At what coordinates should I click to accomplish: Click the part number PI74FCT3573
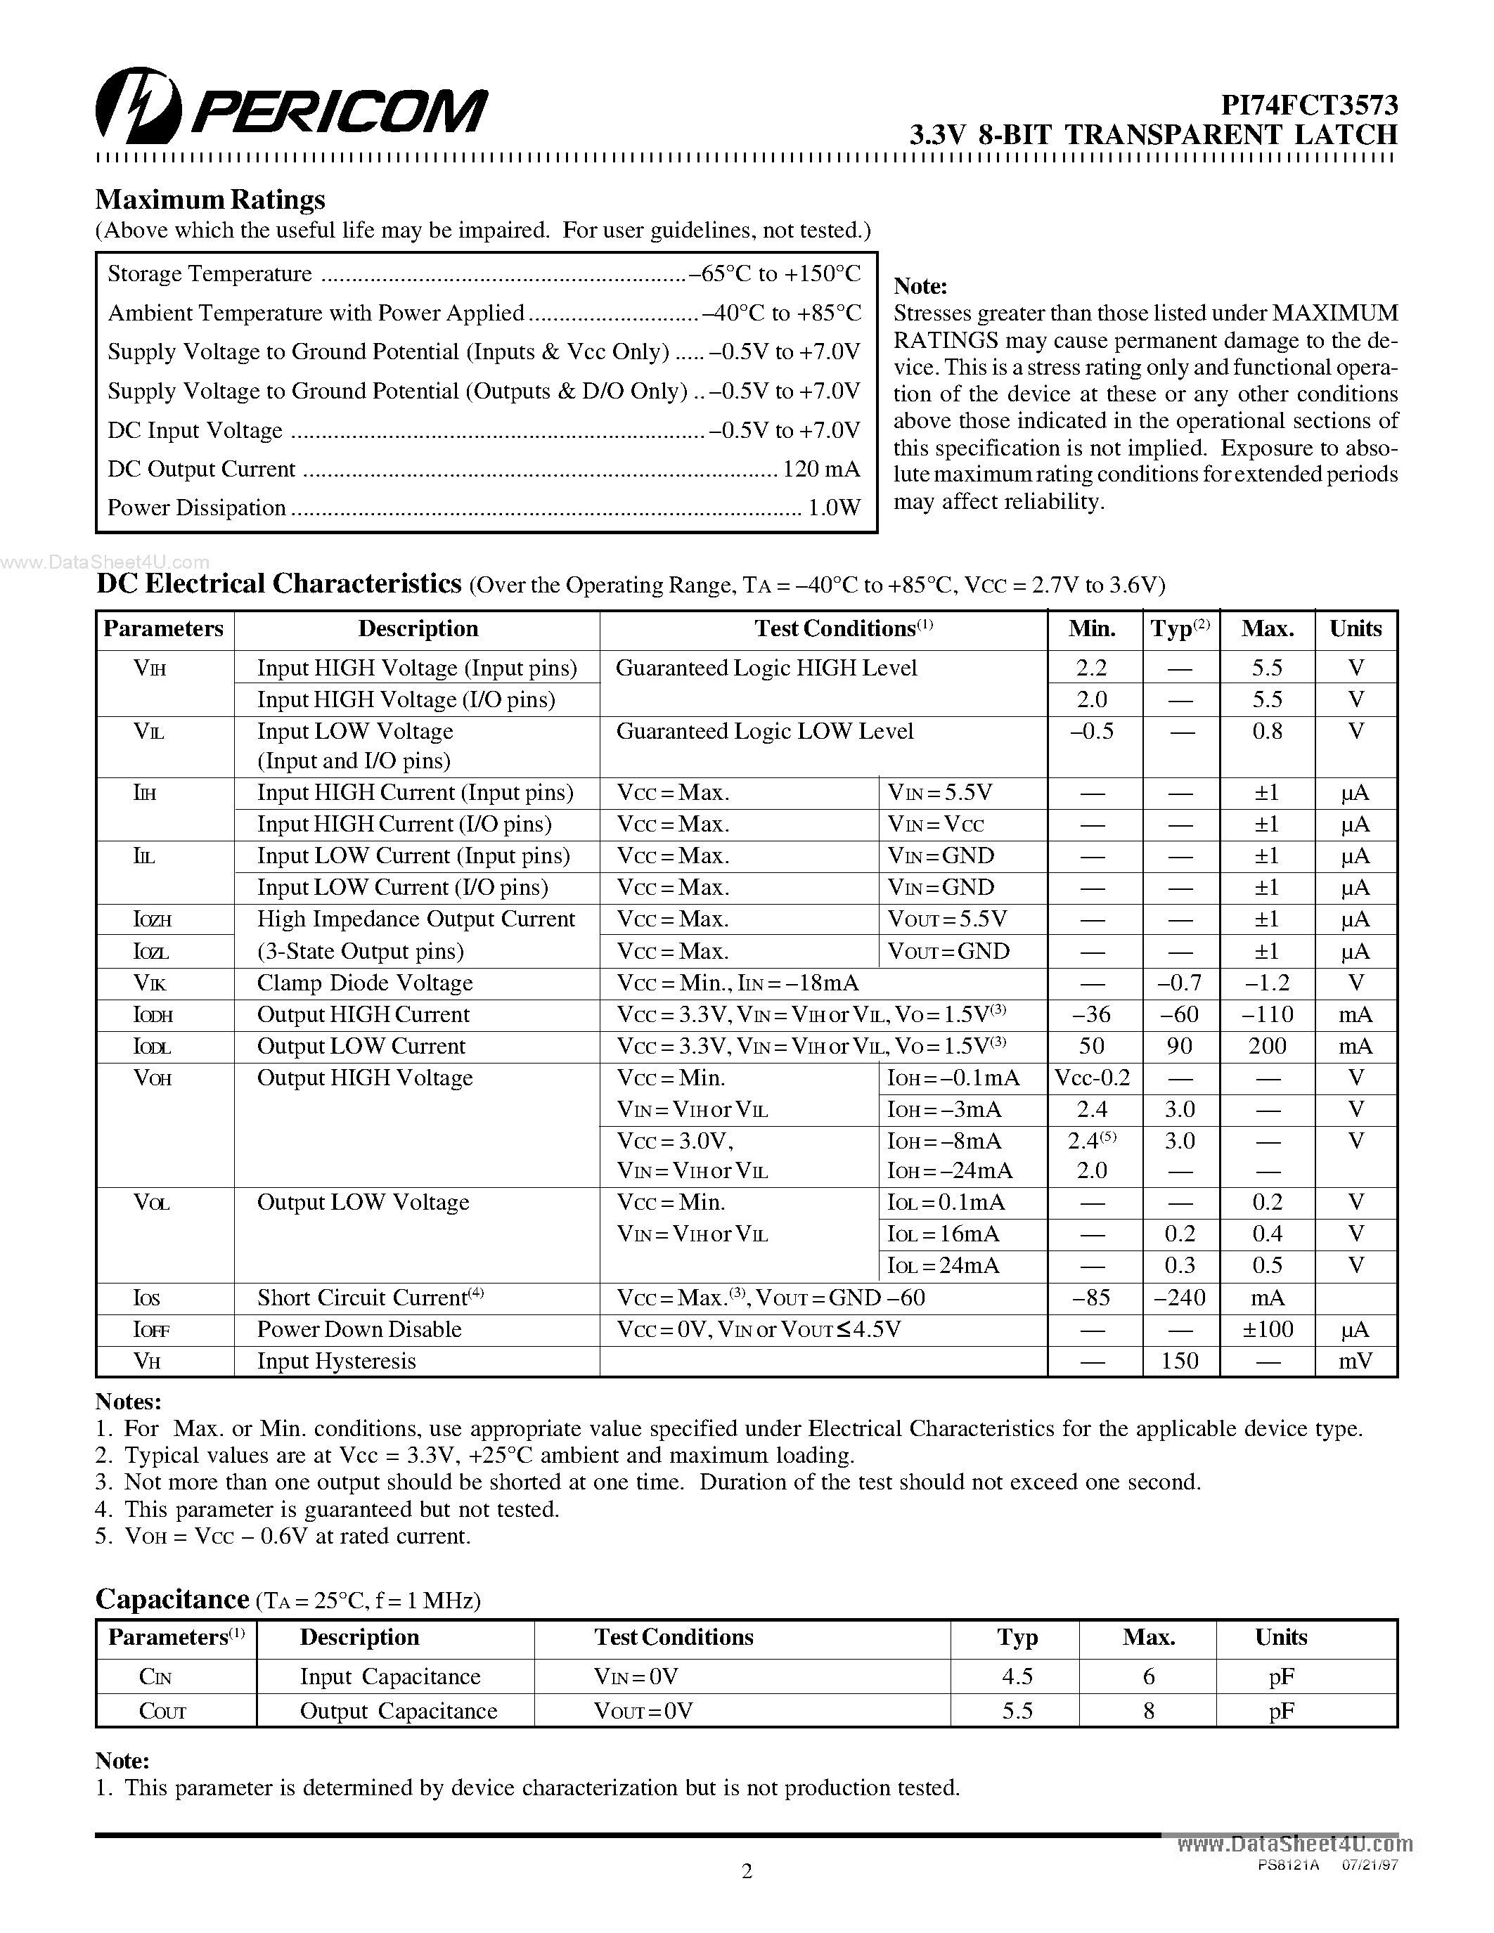tap(1309, 105)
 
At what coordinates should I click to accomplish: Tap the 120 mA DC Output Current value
tap(820, 469)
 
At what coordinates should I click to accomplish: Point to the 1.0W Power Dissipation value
tap(834, 508)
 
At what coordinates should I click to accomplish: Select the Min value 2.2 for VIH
tap(1091, 668)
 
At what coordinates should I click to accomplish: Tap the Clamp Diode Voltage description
tap(365, 983)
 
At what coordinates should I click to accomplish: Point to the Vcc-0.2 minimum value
tap(1092, 1078)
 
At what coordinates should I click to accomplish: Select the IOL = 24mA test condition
tap(943, 1266)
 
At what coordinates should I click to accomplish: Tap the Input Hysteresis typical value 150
tap(1179, 1362)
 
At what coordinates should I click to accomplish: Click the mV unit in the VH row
tap(1355, 1362)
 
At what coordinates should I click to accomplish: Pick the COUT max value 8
tap(1148, 1711)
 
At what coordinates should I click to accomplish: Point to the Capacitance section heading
tap(172, 1599)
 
